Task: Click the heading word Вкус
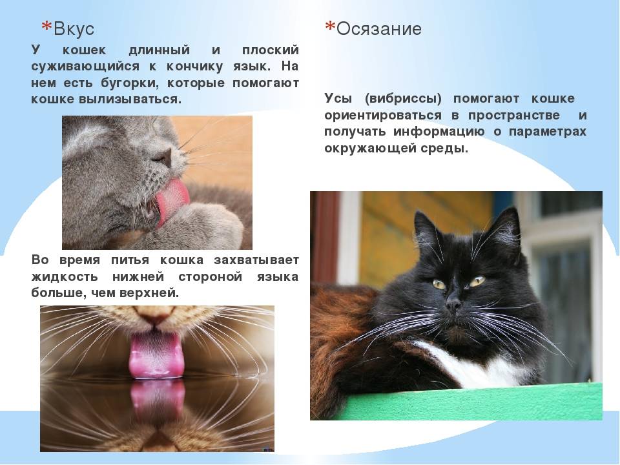click(x=74, y=28)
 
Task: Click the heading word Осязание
click(x=379, y=28)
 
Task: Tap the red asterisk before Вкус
click(x=46, y=27)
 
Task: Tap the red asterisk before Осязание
click(x=329, y=27)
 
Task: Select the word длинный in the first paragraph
click(x=159, y=50)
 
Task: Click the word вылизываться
click(x=130, y=99)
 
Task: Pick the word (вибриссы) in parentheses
click(x=402, y=99)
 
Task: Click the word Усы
click(x=338, y=98)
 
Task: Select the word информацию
click(x=439, y=132)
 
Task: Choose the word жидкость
click(x=64, y=277)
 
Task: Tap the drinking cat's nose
click(x=155, y=315)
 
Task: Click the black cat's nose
click(x=453, y=304)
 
